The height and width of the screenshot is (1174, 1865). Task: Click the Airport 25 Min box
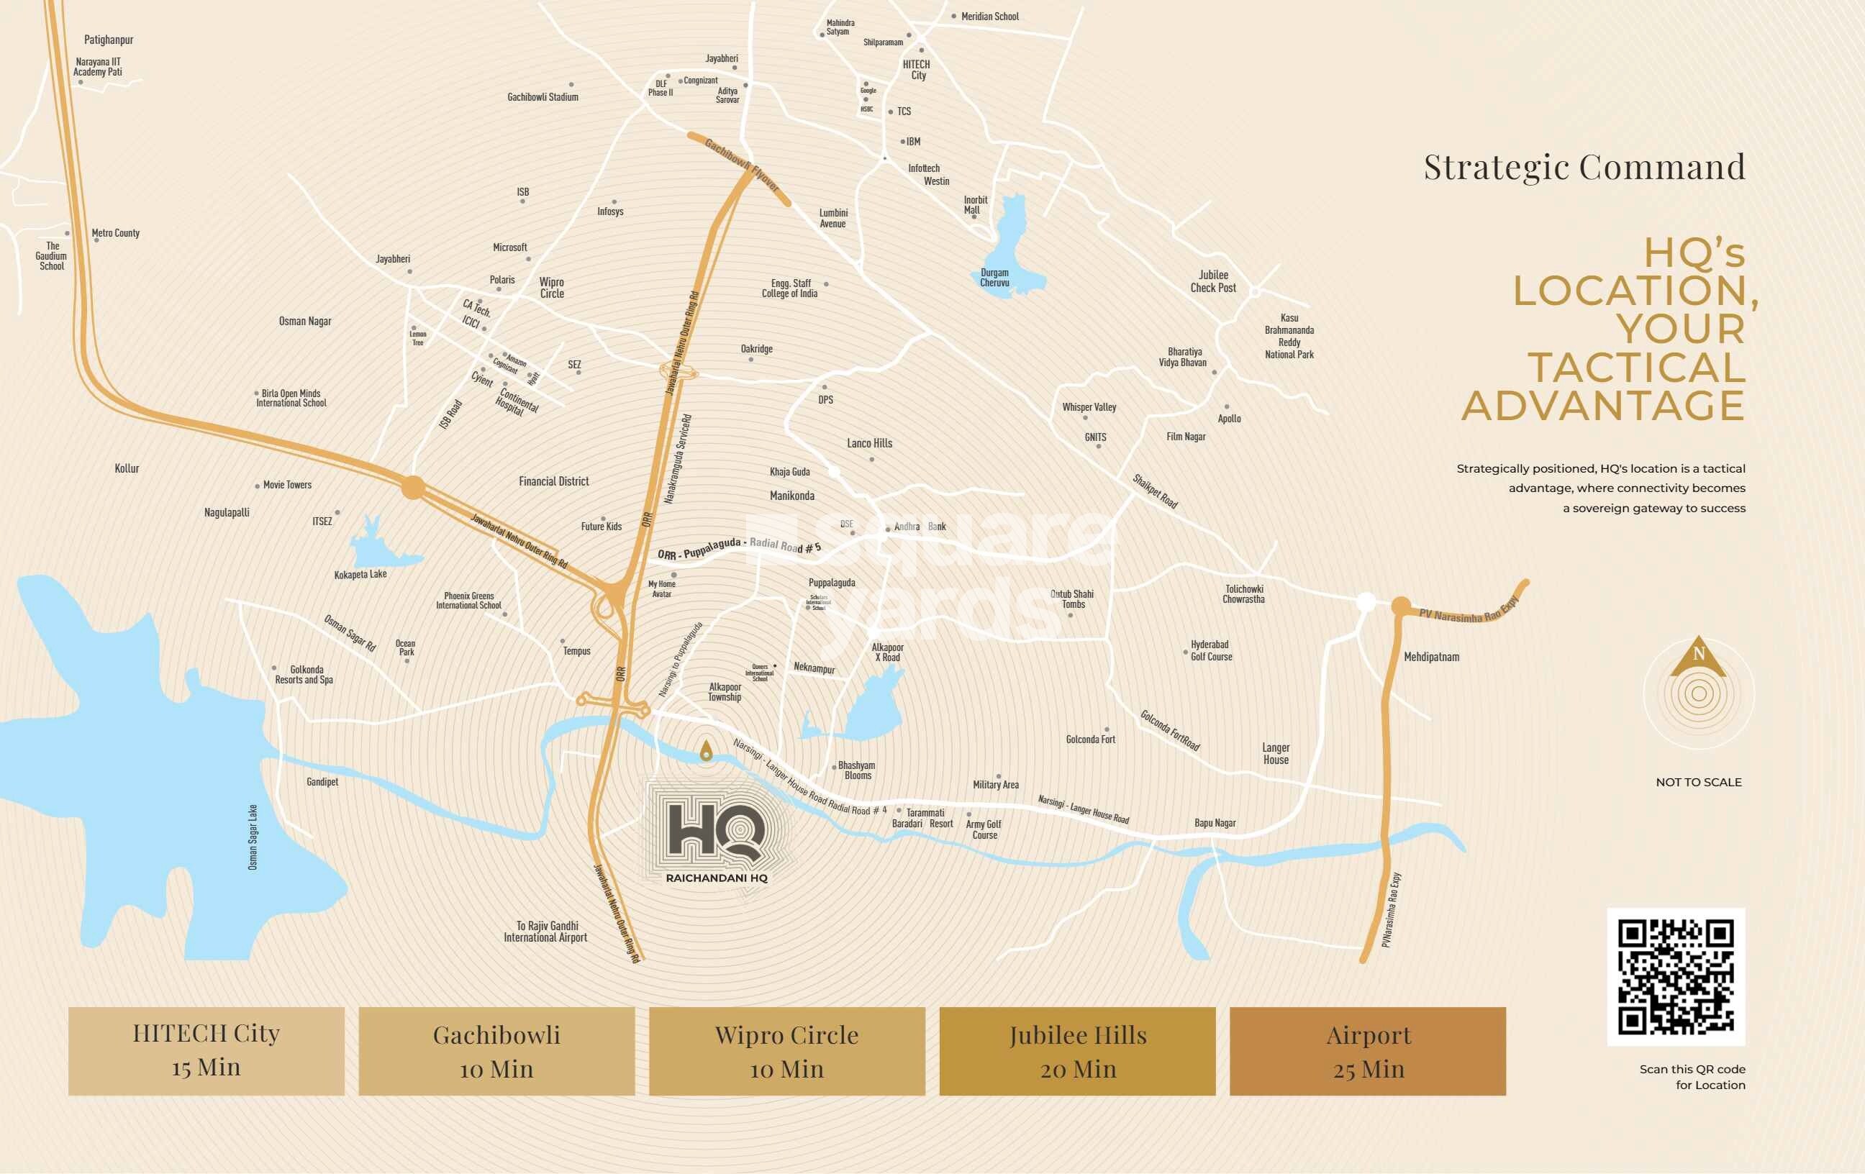click(1367, 1051)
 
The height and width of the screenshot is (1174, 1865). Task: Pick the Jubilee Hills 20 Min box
click(1077, 1051)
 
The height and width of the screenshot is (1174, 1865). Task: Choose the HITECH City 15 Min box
click(206, 1051)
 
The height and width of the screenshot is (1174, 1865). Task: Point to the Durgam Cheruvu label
click(994, 277)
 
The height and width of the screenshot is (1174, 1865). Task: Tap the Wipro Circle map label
click(552, 287)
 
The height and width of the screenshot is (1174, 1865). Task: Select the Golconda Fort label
click(1091, 740)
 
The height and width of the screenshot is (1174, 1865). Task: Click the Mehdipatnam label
click(1431, 657)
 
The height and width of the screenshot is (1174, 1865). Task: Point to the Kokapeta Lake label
click(360, 574)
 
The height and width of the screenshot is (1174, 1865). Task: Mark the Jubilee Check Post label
click(1213, 281)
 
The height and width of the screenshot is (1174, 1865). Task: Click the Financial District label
click(554, 481)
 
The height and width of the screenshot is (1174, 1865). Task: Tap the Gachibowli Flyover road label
click(741, 165)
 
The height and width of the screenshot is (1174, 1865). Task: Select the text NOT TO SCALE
click(1699, 782)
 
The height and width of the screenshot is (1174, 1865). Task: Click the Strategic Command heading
click(1584, 166)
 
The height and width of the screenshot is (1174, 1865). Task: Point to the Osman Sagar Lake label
click(253, 837)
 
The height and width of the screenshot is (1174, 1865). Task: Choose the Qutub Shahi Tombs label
click(1073, 599)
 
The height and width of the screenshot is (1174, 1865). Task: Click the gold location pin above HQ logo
click(706, 750)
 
